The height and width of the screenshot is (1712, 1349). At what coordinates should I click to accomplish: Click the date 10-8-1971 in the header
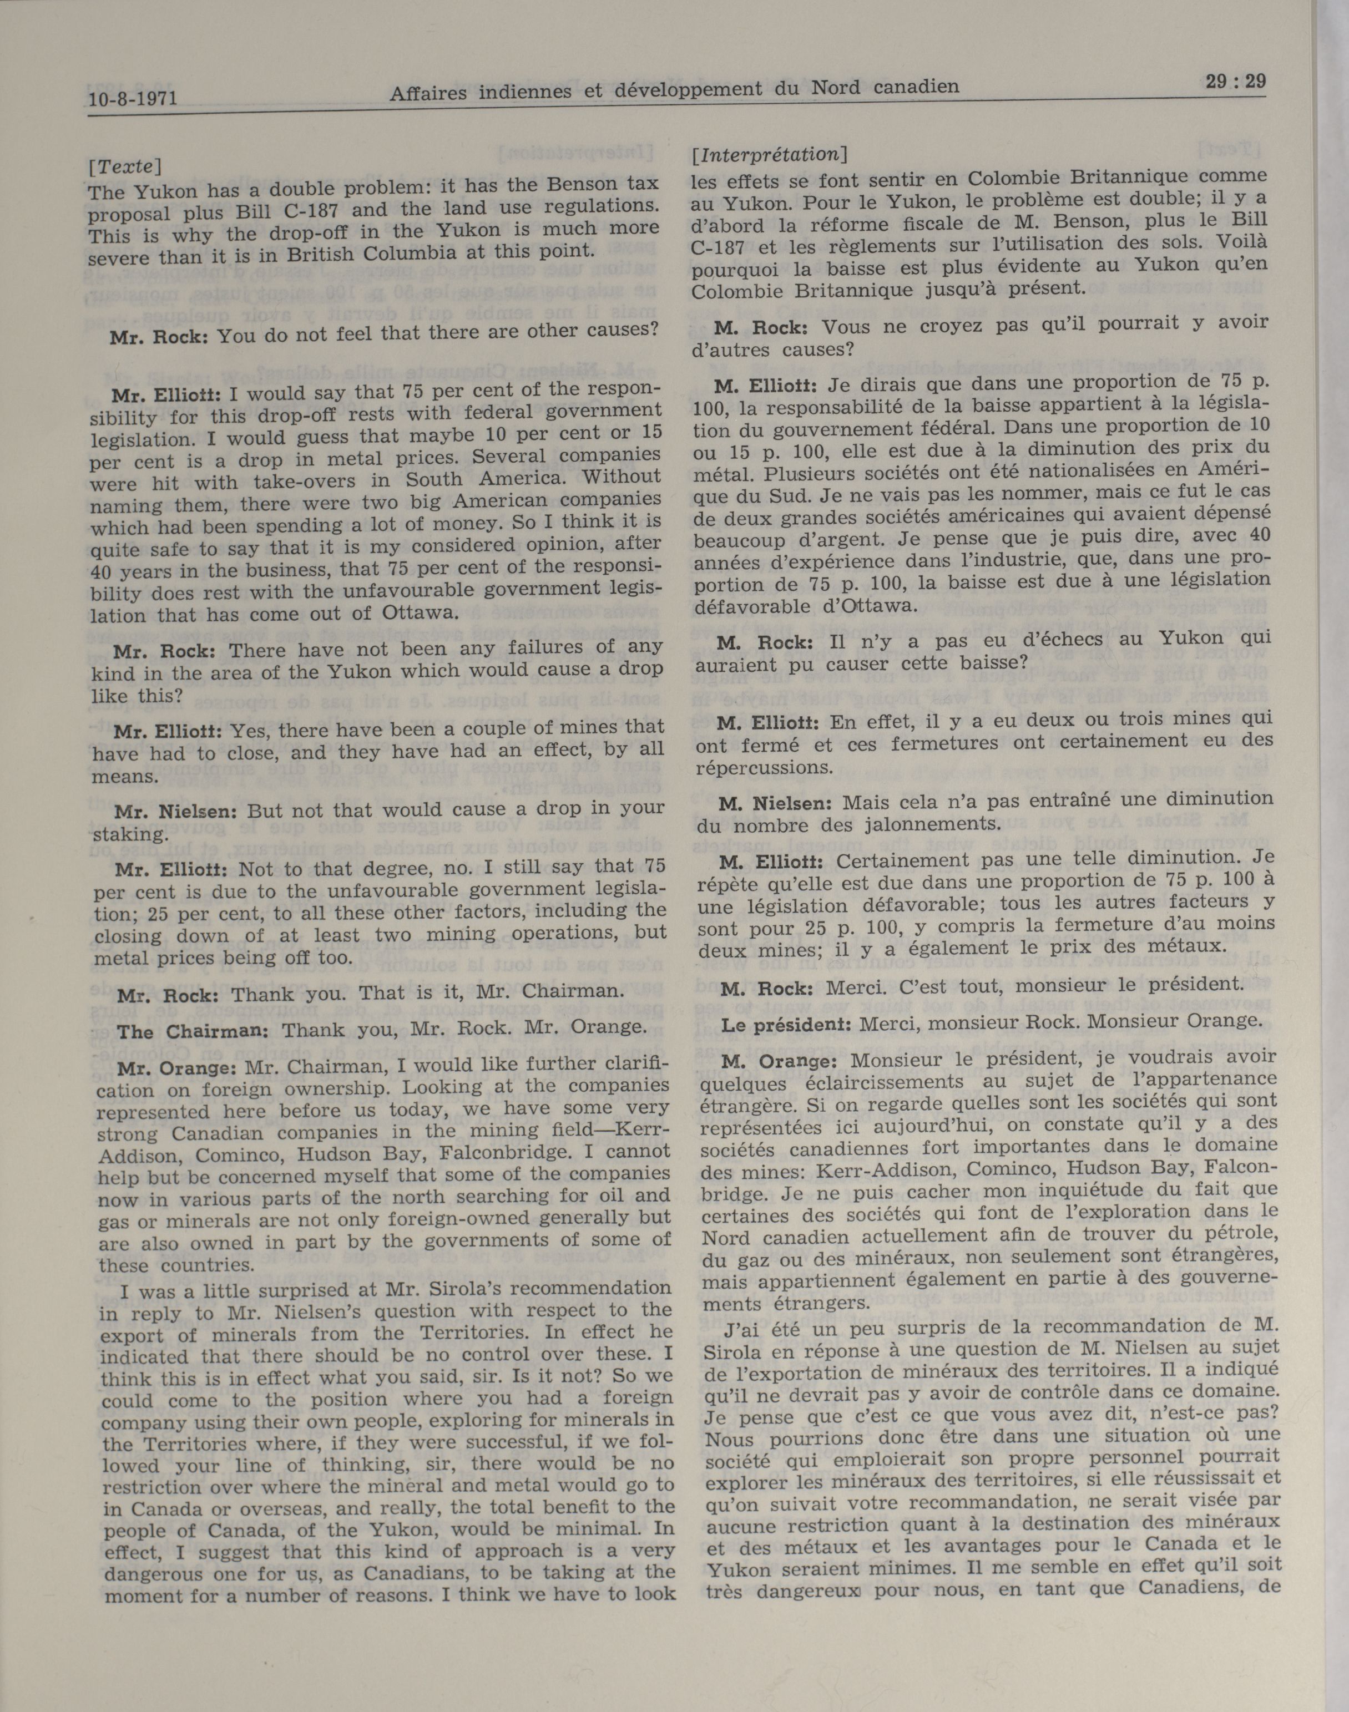(x=132, y=99)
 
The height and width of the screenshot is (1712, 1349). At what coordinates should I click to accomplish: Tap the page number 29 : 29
(x=1236, y=82)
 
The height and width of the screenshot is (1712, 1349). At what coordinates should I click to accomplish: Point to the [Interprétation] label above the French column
(x=769, y=155)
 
